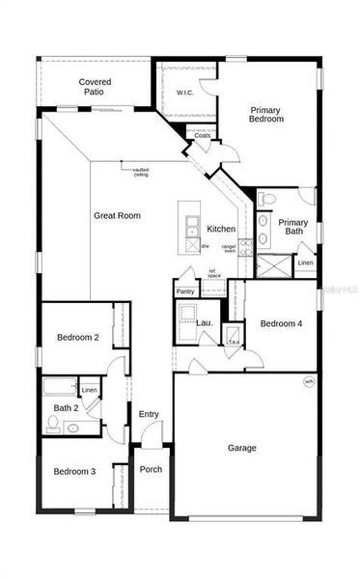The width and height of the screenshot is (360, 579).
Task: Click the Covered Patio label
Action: pos(96,88)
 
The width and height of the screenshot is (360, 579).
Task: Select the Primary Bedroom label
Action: pos(266,114)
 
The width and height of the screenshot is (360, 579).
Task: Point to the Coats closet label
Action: pos(203,136)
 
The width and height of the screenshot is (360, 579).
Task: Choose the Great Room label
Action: pos(117,215)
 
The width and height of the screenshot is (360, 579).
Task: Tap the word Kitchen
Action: pos(221,229)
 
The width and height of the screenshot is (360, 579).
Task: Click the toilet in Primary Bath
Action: pos(268,200)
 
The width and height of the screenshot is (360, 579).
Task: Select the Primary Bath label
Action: pos(293,228)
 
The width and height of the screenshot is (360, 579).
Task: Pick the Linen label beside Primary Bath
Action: pos(305,262)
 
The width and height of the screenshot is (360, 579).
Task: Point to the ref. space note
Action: pos(213,273)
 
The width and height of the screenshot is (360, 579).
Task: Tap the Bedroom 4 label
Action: pos(281,324)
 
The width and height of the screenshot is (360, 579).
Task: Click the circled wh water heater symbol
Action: pos(309,381)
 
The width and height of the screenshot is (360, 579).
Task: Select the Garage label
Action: pos(241,448)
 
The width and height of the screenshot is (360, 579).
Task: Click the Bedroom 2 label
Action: pos(77,338)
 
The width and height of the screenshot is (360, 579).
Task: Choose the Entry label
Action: pos(149,414)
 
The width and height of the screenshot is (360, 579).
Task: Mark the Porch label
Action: pos(151,470)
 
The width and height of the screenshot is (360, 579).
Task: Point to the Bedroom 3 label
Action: pos(74,471)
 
